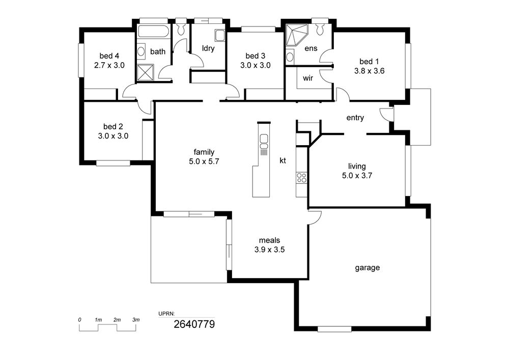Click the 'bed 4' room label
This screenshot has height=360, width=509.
109,56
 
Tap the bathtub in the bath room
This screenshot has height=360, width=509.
153,32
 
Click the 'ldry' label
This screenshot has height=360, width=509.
208,48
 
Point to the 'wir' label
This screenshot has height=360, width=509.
308,78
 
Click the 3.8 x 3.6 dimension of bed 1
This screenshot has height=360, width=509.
370,71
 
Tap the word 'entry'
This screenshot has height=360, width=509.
355,118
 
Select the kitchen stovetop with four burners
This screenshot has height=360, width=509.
301,178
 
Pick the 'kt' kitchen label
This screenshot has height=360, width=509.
282,160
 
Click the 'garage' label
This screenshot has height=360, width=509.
367,268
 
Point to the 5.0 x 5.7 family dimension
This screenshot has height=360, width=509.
204,161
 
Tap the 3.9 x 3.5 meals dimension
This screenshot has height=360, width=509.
269,250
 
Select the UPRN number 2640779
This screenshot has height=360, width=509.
194,324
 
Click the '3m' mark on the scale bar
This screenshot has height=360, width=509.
136,320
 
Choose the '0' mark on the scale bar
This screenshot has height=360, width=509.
79,320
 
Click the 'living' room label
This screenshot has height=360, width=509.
357,167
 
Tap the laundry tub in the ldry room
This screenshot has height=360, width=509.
220,35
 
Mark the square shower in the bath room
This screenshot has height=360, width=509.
145,72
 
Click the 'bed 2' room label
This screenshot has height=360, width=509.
113,127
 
